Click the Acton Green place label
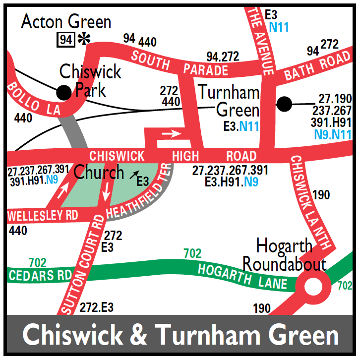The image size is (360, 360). [x=66, y=22]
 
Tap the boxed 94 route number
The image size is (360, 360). [x=65, y=39]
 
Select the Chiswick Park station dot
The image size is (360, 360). [x=63, y=92]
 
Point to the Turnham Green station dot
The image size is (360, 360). [x=284, y=104]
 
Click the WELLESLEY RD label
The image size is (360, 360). [x=43, y=216]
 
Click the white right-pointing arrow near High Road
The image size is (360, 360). [x=172, y=133]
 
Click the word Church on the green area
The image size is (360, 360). [x=99, y=172]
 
